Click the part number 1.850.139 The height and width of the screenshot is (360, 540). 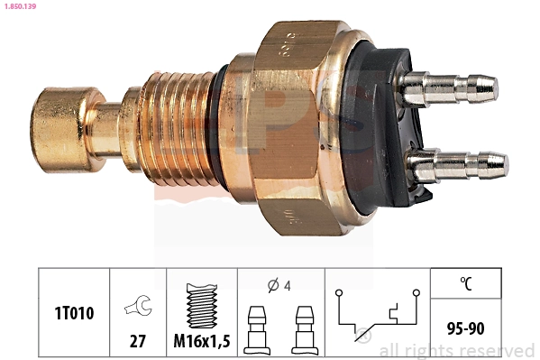22,6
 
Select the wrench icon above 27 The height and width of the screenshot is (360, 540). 138,307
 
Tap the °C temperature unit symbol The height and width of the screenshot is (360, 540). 466,283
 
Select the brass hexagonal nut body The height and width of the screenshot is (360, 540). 288,126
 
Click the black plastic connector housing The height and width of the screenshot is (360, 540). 370,126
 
